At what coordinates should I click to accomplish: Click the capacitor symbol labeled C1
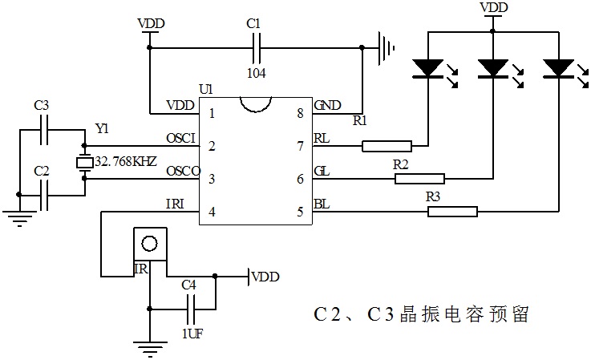pyautogui.click(x=257, y=48)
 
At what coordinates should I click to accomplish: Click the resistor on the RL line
pyautogui.click(x=387, y=146)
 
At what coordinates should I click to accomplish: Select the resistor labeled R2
pyautogui.click(x=419, y=179)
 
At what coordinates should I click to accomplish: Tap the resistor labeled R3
pyautogui.click(x=452, y=212)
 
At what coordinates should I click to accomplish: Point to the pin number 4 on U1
pyautogui.click(x=212, y=212)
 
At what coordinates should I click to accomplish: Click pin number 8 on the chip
pyautogui.click(x=300, y=114)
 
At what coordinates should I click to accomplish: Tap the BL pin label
pyautogui.click(x=321, y=206)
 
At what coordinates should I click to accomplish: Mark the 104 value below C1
pyautogui.click(x=257, y=72)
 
